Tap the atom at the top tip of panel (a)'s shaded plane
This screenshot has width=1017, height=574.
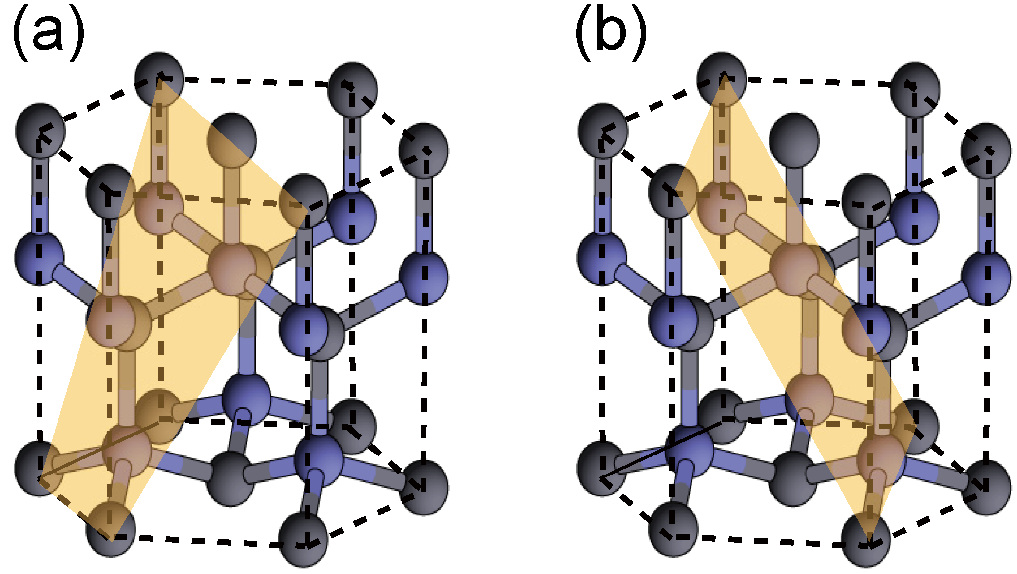(159, 78)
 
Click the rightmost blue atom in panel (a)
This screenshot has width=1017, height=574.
(423, 277)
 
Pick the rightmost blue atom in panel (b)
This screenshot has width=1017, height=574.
(986, 277)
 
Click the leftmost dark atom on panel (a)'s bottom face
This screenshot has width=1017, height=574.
(39, 468)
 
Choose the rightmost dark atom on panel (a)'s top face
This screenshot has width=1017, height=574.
(423, 150)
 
